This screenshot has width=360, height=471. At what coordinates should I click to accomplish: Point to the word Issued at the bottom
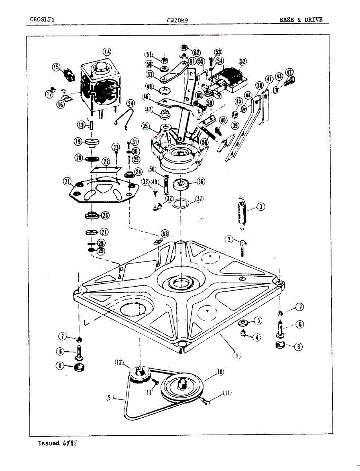pos(49,443)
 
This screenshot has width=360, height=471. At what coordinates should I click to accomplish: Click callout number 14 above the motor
pos(107,52)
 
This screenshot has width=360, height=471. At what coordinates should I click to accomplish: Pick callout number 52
pos(243,61)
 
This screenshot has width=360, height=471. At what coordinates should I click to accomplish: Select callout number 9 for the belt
pos(110,398)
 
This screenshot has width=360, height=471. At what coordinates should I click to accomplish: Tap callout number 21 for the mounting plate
pos(68,181)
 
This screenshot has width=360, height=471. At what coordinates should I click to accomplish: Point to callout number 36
pos(201,181)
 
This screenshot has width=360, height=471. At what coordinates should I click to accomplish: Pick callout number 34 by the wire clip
pos(130,103)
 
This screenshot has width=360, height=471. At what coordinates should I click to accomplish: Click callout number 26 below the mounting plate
pos(105,215)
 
